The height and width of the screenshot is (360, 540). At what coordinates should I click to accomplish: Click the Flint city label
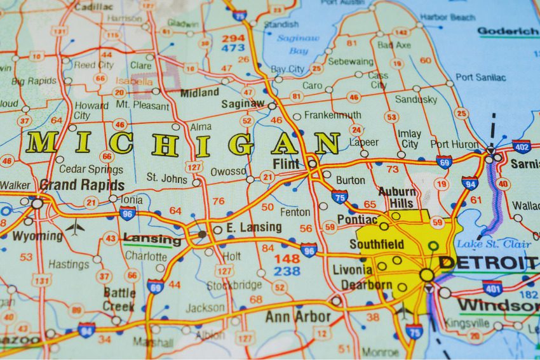point(285,164)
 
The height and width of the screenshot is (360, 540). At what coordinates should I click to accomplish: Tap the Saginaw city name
point(243,103)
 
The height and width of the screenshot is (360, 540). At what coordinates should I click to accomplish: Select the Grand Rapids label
point(82,185)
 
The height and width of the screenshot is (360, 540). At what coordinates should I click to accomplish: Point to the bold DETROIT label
point(488,263)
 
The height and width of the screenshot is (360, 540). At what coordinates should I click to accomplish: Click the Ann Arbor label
point(298,316)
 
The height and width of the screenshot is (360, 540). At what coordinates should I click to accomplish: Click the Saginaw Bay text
point(294,44)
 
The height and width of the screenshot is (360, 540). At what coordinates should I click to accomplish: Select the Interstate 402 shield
point(522,147)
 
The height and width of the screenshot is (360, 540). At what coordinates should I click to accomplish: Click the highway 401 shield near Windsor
point(492,288)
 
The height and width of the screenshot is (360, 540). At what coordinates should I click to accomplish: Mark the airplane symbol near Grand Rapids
point(75,227)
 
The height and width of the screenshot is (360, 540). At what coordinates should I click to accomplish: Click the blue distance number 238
point(287,271)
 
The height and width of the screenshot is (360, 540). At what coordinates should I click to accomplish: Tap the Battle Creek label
point(119,298)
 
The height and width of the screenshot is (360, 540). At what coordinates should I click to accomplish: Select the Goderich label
point(508,31)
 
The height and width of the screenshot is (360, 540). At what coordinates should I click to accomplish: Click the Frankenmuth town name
point(332,116)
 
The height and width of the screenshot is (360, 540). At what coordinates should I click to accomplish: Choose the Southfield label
point(377,244)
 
